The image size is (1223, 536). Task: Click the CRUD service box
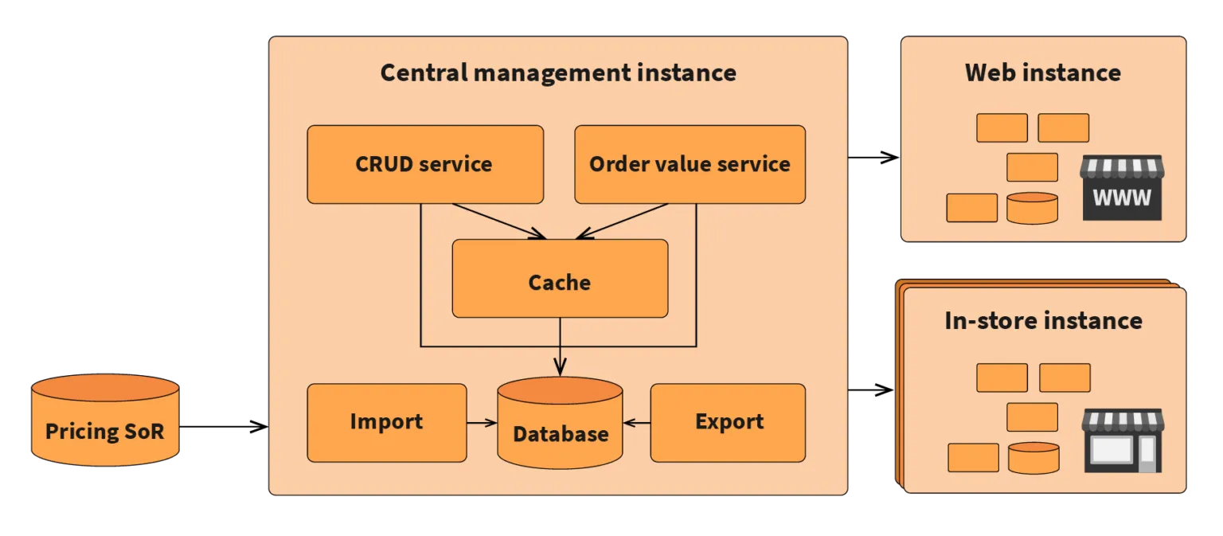click(x=425, y=164)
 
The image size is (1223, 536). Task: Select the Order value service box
click(x=690, y=164)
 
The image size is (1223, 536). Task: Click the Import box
click(x=387, y=422)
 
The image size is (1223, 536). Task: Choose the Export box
click(x=728, y=422)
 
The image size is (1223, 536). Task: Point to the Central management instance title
click(x=558, y=72)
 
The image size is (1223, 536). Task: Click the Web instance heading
click(x=1042, y=72)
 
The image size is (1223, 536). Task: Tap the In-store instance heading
click(x=1043, y=320)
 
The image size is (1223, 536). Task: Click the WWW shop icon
click(x=1121, y=188)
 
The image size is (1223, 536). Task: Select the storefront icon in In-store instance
click(x=1122, y=441)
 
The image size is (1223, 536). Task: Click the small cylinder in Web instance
click(x=1032, y=208)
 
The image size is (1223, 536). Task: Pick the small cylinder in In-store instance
click(x=1033, y=458)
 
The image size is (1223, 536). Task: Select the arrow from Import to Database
click(x=482, y=423)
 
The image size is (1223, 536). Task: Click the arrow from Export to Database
click(x=637, y=423)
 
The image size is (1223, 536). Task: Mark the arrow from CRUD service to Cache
click(x=498, y=221)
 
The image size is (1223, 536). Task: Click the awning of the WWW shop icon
click(x=1121, y=166)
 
